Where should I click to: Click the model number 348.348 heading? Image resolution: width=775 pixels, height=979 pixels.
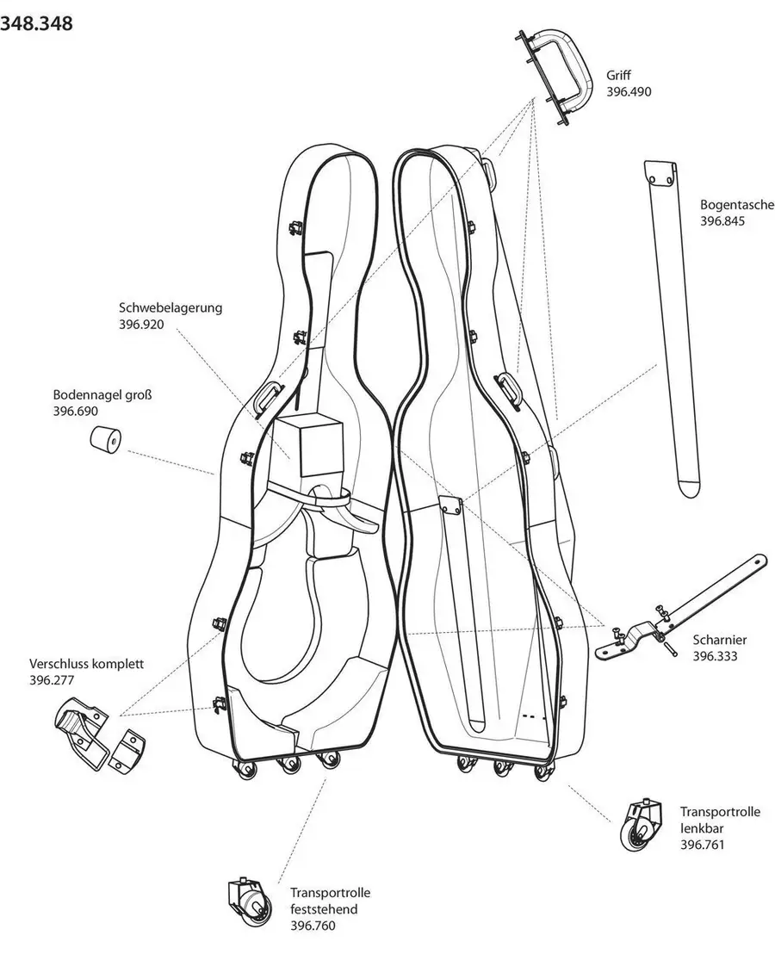click(36, 23)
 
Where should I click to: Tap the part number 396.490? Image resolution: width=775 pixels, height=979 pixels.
click(629, 90)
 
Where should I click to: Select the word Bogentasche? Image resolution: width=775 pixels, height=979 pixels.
click(737, 206)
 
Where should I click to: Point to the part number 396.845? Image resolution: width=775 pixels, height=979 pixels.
click(722, 221)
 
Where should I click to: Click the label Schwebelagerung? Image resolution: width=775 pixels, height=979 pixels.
click(170, 307)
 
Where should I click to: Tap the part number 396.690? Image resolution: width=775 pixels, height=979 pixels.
click(75, 412)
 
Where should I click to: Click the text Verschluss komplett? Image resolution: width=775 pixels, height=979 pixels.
click(86, 664)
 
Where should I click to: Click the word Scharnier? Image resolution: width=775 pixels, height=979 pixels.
click(720, 640)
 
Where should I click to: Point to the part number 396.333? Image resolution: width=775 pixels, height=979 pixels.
click(716, 655)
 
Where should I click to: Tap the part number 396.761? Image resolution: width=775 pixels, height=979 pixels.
click(702, 844)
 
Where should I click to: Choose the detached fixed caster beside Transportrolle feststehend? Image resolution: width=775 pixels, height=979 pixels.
click(247, 901)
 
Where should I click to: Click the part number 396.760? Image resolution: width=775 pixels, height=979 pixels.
click(313, 926)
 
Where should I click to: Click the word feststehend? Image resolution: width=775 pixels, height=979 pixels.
click(323, 909)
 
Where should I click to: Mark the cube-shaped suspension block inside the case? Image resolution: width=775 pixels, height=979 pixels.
click(311, 446)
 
